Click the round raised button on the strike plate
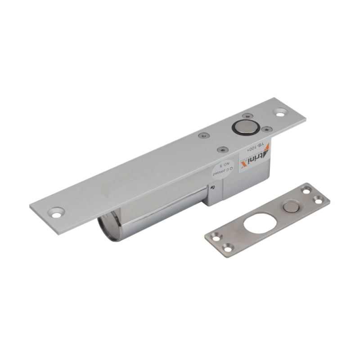[x=291, y=207]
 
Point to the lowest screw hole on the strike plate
[x=228, y=246]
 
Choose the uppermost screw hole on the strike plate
[x=306, y=190]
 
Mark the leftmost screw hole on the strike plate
[x=215, y=236]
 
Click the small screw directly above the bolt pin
[x=246, y=116]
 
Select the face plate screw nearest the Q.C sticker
[x=220, y=148]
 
